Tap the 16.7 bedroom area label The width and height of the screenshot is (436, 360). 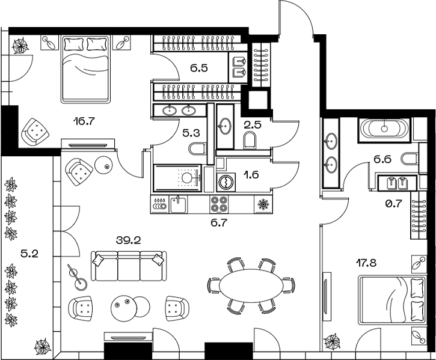point(84,120)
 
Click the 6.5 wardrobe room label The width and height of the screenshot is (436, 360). point(198,69)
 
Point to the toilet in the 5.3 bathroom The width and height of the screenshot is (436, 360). point(197,148)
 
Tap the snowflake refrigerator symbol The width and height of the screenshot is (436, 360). point(263,205)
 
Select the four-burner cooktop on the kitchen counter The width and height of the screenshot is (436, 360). point(218,204)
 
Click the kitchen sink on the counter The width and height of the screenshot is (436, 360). point(178,204)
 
